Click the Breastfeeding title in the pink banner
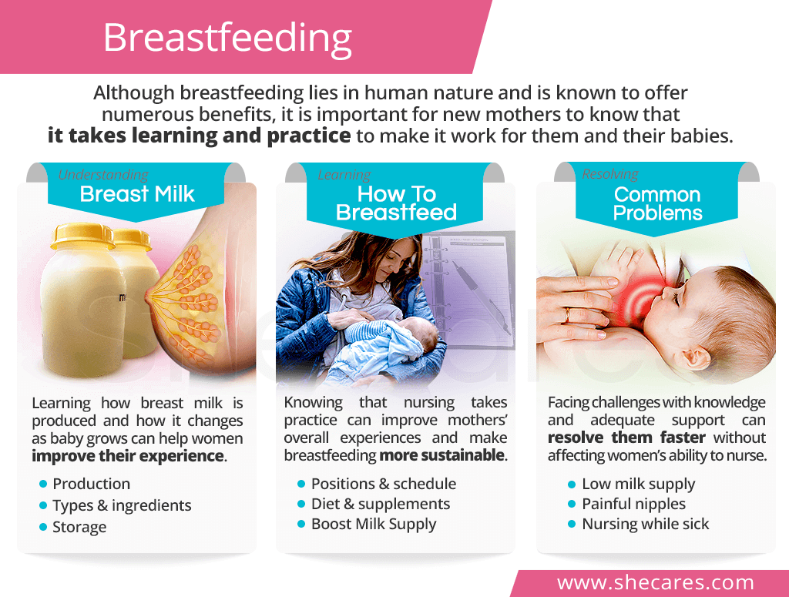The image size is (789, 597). (x=227, y=39)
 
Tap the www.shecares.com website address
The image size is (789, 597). (x=655, y=582)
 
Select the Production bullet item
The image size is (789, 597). (x=91, y=484)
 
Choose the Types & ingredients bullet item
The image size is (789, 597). (x=122, y=505)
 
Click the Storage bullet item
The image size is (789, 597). (x=79, y=527)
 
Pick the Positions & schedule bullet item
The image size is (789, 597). (x=384, y=484)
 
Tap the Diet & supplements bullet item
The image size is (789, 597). (x=381, y=504)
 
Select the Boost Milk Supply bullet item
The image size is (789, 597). (x=374, y=524)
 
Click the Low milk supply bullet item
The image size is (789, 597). (x=638, y=485)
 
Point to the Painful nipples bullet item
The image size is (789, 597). (x=633, y=504)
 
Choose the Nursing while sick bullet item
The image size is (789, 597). (x=645, y=524)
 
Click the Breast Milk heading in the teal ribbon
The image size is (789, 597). (x=137, y=194)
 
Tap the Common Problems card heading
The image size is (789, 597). (x=657, y=203)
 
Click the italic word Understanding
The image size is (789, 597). (x=103, y=175)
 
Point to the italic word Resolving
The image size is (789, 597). (x=610, y=174)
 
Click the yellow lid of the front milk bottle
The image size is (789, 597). (x=82, y=236)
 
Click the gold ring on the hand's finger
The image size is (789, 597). (x=567, y=315)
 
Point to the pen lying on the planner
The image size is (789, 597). (x=482, y=297)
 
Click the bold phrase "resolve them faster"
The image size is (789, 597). (x=626, y=438)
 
